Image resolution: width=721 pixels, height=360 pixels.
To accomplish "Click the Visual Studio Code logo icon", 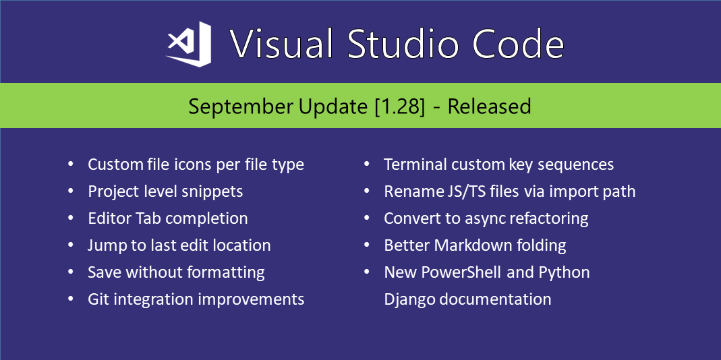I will point(189,44).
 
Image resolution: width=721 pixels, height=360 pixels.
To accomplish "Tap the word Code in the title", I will point(518,44).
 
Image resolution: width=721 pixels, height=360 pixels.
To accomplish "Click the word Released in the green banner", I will point(490,107).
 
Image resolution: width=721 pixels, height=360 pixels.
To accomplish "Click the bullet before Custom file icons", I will point(71,164).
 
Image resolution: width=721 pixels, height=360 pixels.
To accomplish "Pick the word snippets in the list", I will point(212,191).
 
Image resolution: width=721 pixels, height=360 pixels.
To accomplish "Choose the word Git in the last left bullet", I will point(98,299).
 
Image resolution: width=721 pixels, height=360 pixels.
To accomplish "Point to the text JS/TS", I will point(453,191).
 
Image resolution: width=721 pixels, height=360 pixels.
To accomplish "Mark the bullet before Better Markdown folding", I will point(368,245).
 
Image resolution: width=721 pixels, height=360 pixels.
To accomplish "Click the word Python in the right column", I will point(564,272).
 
